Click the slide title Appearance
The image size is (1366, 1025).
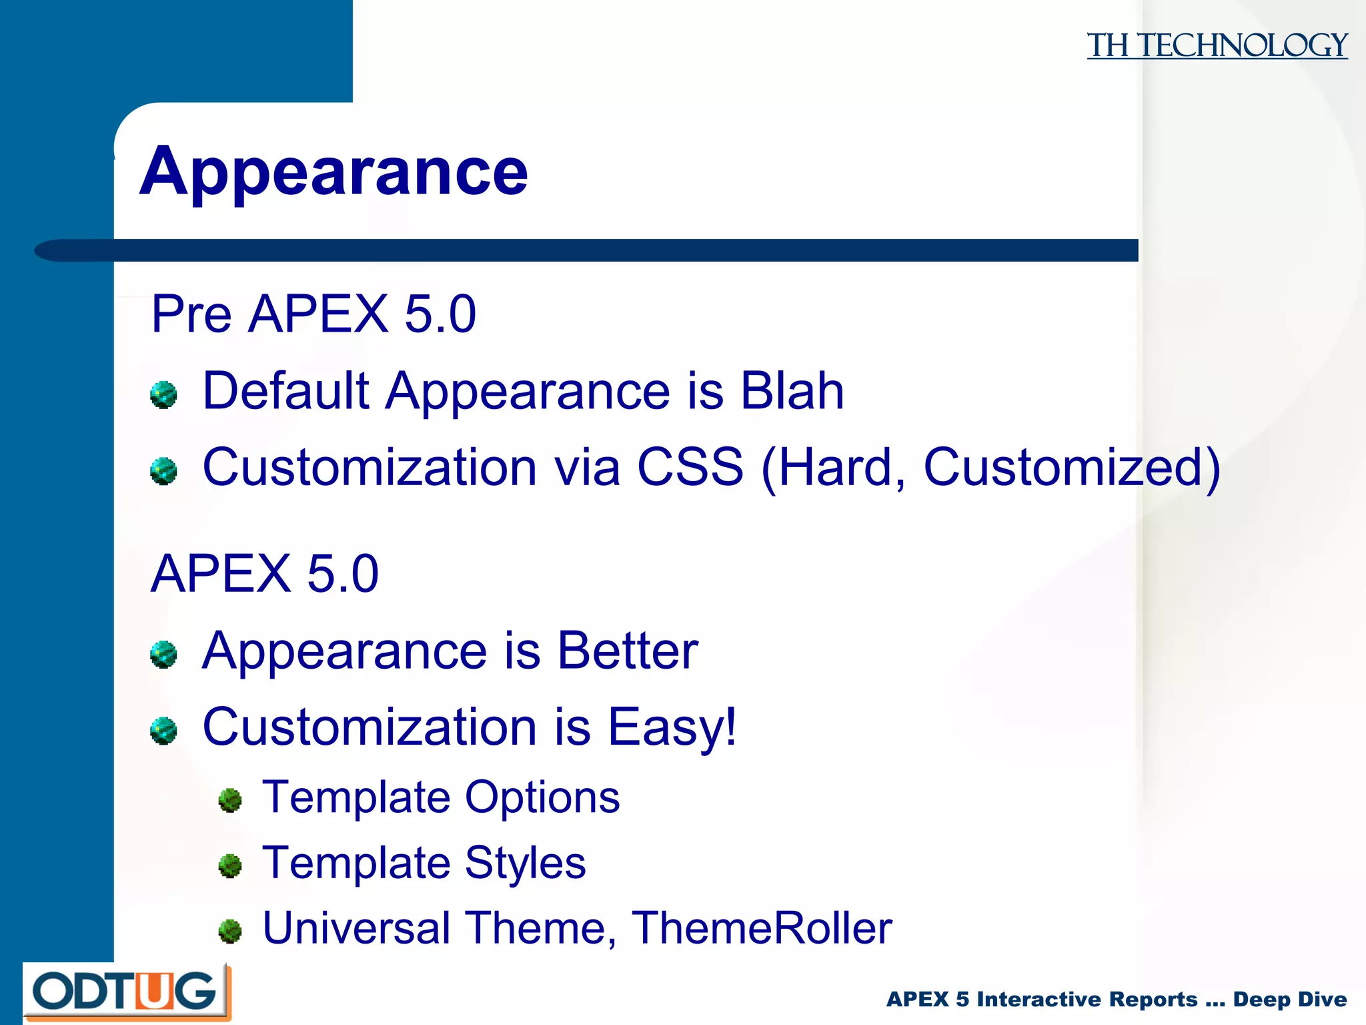333,172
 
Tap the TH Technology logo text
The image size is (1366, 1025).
1217,45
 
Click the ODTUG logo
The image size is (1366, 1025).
127,992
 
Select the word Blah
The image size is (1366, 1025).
792,390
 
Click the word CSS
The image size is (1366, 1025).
690,467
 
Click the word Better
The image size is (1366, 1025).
627,651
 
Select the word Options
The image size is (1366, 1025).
542,797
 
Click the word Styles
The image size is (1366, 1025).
525,863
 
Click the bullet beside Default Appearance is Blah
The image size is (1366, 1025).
163,395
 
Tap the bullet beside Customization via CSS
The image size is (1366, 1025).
163,471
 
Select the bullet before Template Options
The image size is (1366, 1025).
230,800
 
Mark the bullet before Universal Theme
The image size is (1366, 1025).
230,931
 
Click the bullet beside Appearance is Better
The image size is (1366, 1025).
163,655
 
